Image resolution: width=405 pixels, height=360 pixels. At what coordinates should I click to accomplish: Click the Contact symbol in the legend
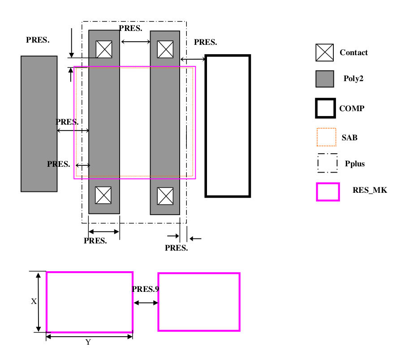point(325,52)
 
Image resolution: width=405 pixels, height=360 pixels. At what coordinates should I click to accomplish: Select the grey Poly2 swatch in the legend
point(325,79)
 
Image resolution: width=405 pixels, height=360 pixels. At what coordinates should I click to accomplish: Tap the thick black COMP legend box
point(325,108)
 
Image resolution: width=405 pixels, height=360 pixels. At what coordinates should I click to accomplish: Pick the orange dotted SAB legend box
point(326,137)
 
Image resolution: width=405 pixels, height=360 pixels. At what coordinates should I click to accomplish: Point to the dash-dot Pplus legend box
point(327,163)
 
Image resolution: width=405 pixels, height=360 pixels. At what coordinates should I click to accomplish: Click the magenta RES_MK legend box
point(327,192)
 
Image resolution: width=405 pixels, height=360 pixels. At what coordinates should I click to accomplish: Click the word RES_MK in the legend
point(370,190)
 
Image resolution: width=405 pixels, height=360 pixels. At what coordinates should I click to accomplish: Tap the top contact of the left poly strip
point(104,49)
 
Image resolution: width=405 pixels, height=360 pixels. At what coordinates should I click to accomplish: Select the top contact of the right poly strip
point(165,49)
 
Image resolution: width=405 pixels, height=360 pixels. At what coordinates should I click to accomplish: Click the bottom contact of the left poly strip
point(103,195)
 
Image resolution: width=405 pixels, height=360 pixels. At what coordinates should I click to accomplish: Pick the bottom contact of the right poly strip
point(165,195)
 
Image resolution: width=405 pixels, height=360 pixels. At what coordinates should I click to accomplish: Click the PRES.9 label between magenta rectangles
point(146,289)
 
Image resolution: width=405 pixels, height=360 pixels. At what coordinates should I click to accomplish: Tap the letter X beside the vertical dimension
point(34,302)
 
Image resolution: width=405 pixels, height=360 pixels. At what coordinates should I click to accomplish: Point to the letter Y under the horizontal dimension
point(88,343)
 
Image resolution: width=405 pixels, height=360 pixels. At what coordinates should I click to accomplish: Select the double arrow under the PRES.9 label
point(146,303)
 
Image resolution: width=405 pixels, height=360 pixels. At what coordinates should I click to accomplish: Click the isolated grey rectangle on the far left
point(39,124)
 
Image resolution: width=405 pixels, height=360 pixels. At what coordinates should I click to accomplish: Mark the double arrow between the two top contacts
point(135,42)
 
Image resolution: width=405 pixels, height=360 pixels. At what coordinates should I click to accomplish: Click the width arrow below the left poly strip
point(104,232)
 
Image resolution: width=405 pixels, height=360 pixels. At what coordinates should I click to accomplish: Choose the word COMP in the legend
point(352,108)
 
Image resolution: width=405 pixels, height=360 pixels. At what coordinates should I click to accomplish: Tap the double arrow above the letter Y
point(90,336)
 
